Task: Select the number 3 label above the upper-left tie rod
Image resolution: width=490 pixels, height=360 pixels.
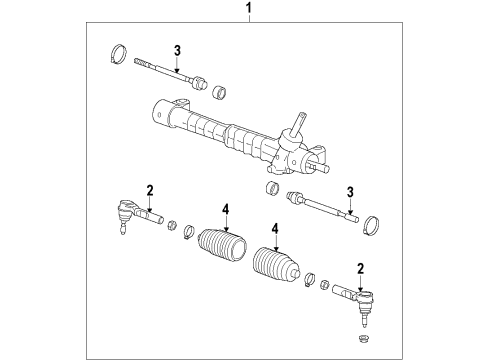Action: click(x=176, y=51)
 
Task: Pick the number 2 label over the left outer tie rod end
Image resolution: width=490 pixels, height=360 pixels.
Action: click(x=149, y=190)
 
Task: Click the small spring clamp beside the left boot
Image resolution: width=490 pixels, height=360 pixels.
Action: click(x=187, y=235)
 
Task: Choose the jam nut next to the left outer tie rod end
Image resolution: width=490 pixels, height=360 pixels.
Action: click(x=170, y=223)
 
